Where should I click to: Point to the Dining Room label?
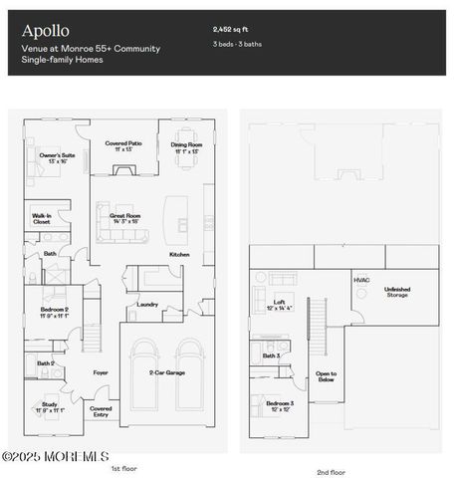click(x=186, y=145)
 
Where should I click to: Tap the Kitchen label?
click(x=178, y=254)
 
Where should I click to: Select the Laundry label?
click(x=147, y=304)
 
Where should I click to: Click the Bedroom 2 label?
click(x=55, y=313)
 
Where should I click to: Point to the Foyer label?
click(x=101, y=372)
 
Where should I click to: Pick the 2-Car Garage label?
click(x=165, y=372)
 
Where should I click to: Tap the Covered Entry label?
click(x=101, y=411)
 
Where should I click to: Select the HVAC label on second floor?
click(x=361, y=280)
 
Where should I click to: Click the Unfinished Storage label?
click(x=397, y=292)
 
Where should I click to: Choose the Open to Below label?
click(x=326, y=375)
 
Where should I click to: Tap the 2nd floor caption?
click(x=331, y=472)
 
